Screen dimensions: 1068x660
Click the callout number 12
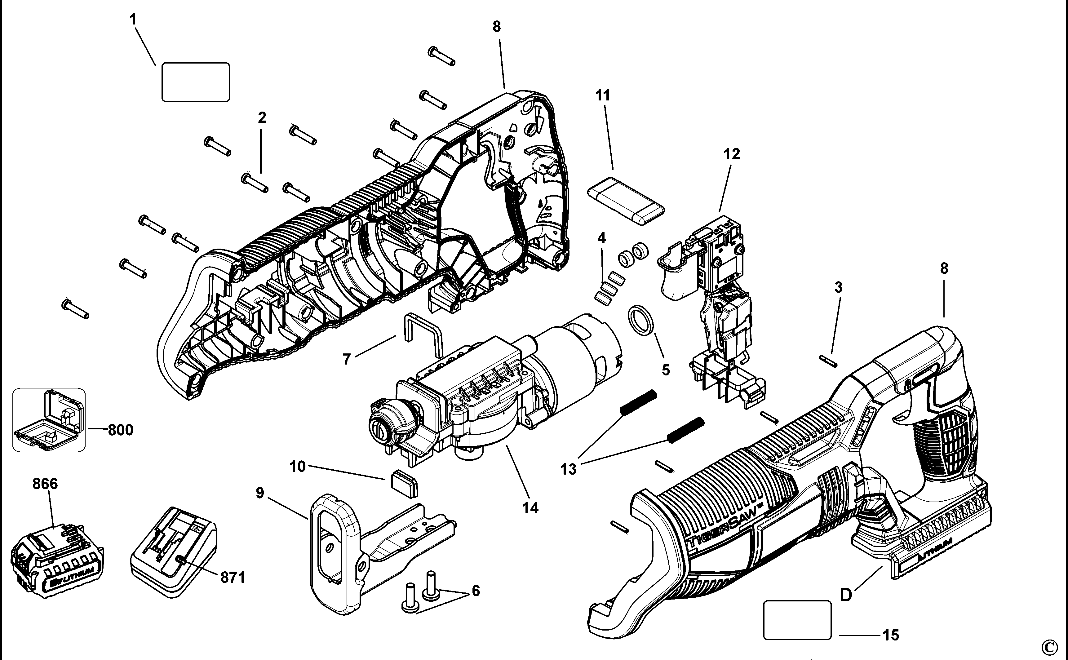(x=732, y=154)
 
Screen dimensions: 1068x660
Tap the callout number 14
(x=530, y=508)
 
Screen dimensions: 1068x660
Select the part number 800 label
(x=121, y=430)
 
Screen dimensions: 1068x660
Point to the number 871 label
(x=233, y=578)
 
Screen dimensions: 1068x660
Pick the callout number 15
(x=891, y=635)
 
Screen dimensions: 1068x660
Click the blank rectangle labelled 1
(x=196, y=82)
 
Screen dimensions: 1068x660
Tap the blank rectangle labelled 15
(x=797, y=620)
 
